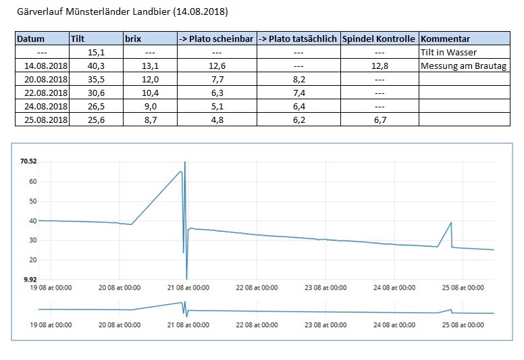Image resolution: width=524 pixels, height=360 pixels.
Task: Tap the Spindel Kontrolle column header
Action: coord(379,38)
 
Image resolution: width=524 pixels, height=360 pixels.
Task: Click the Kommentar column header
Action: coord(445,38)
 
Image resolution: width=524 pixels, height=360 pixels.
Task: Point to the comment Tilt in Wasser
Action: coord(448,52)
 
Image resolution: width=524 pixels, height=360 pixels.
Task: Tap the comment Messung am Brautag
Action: coord(463,66)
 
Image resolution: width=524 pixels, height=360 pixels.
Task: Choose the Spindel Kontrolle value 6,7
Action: coord(379,120)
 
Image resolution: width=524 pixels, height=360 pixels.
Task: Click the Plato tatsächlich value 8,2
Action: coord(298,79)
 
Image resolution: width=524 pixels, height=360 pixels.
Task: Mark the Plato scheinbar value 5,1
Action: coord(217,106)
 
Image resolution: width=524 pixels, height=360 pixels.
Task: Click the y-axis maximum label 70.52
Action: coord(28,161)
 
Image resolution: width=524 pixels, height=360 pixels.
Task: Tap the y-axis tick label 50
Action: coord(31,201)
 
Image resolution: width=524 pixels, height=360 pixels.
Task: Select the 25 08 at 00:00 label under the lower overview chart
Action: coord(463,324)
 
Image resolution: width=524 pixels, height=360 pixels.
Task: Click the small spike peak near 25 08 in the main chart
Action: coord(450,222)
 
